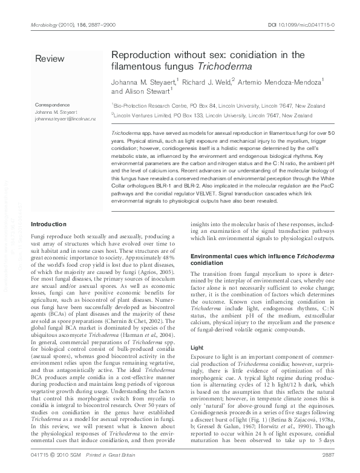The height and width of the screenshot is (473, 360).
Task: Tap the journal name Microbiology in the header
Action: (x=44, y=25)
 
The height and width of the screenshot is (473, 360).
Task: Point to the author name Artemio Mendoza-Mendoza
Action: (x=287, y=80)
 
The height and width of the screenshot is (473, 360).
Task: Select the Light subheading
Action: (x=197, y=348)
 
